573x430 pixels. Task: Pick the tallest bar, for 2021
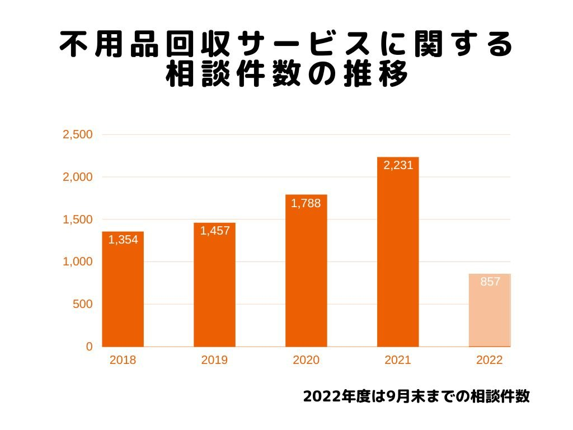coord(398,252)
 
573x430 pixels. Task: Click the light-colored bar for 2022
coord(490,310)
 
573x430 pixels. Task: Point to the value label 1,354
coord(123,240)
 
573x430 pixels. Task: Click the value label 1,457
coord(215,231)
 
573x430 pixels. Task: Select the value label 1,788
coord(306,203)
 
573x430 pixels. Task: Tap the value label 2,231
coord(398,165)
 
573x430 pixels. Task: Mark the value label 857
coord(490,282)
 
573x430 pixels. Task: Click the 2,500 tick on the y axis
coord(78,135)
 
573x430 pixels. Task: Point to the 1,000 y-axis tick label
coord(78,262)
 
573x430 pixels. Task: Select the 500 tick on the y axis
coord(82,305)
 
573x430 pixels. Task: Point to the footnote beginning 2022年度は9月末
coord(416,396)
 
